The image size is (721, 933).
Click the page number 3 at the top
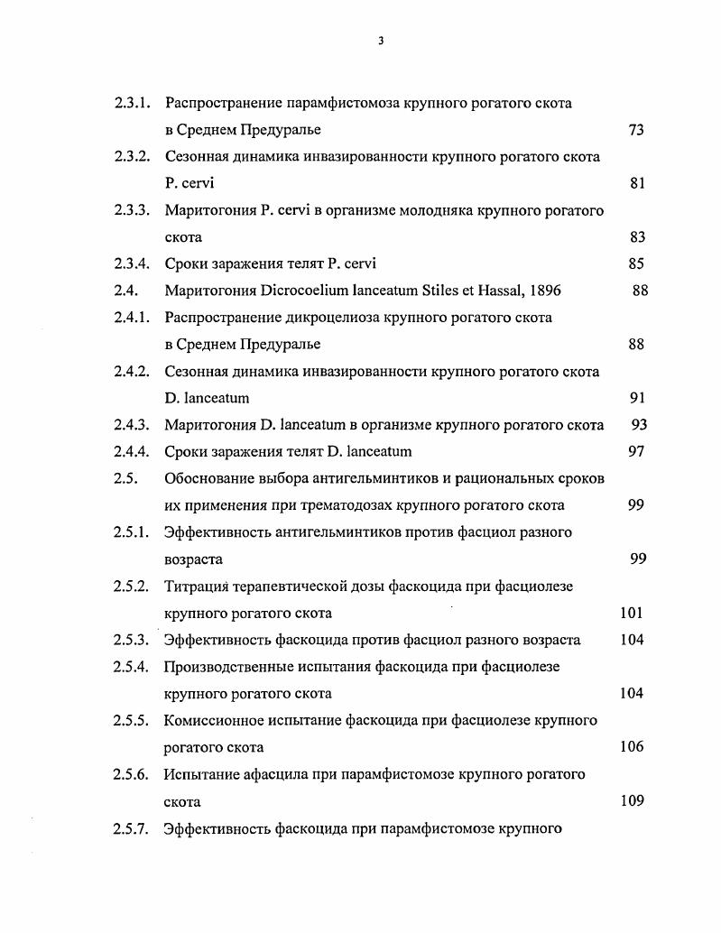(381, 40)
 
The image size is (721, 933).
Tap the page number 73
(635, 130)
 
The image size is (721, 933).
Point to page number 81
(636, 184)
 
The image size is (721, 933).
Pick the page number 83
(636, 237)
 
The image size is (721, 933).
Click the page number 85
(636, 264)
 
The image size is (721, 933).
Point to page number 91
(636, 398)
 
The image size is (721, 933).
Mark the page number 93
(639, 425)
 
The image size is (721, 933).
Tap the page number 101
(632, 614)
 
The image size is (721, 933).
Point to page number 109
(632, 800)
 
